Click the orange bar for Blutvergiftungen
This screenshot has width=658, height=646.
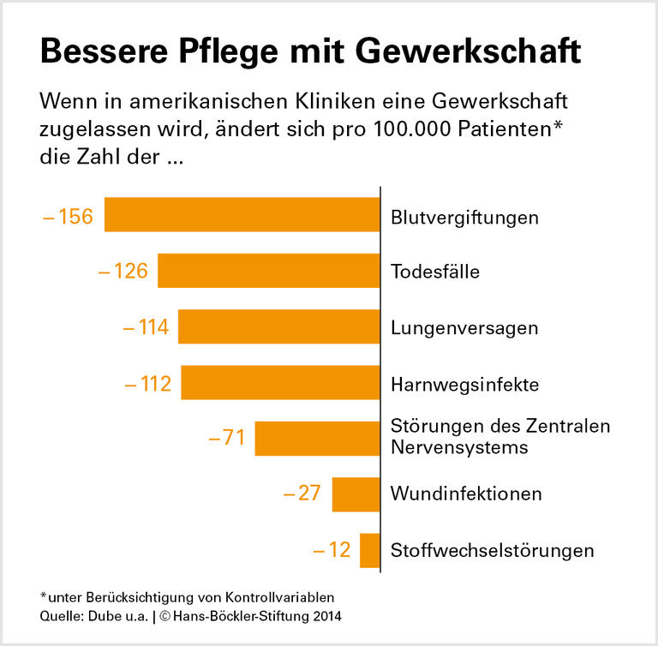(242, 215)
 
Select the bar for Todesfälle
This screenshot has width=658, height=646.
(268, 271)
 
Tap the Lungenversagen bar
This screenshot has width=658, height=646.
(278, 326)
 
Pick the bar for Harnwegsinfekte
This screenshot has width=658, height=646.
(280, 383)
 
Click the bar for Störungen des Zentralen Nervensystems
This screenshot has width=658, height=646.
(317, 439)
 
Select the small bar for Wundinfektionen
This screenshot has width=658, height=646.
(356, 494)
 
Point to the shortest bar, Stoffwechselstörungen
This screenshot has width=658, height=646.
(369, 550)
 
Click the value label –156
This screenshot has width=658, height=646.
(68, 216)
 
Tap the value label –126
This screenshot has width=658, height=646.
(123, 272)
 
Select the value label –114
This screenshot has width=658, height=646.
(146, 327)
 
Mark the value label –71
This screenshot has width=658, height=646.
(228, 439)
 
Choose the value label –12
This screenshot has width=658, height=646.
(332, 550)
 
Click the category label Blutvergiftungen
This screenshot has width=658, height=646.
(464, 217)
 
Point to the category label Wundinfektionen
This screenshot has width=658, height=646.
(466, 494)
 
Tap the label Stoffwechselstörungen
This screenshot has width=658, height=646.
(492, 550)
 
